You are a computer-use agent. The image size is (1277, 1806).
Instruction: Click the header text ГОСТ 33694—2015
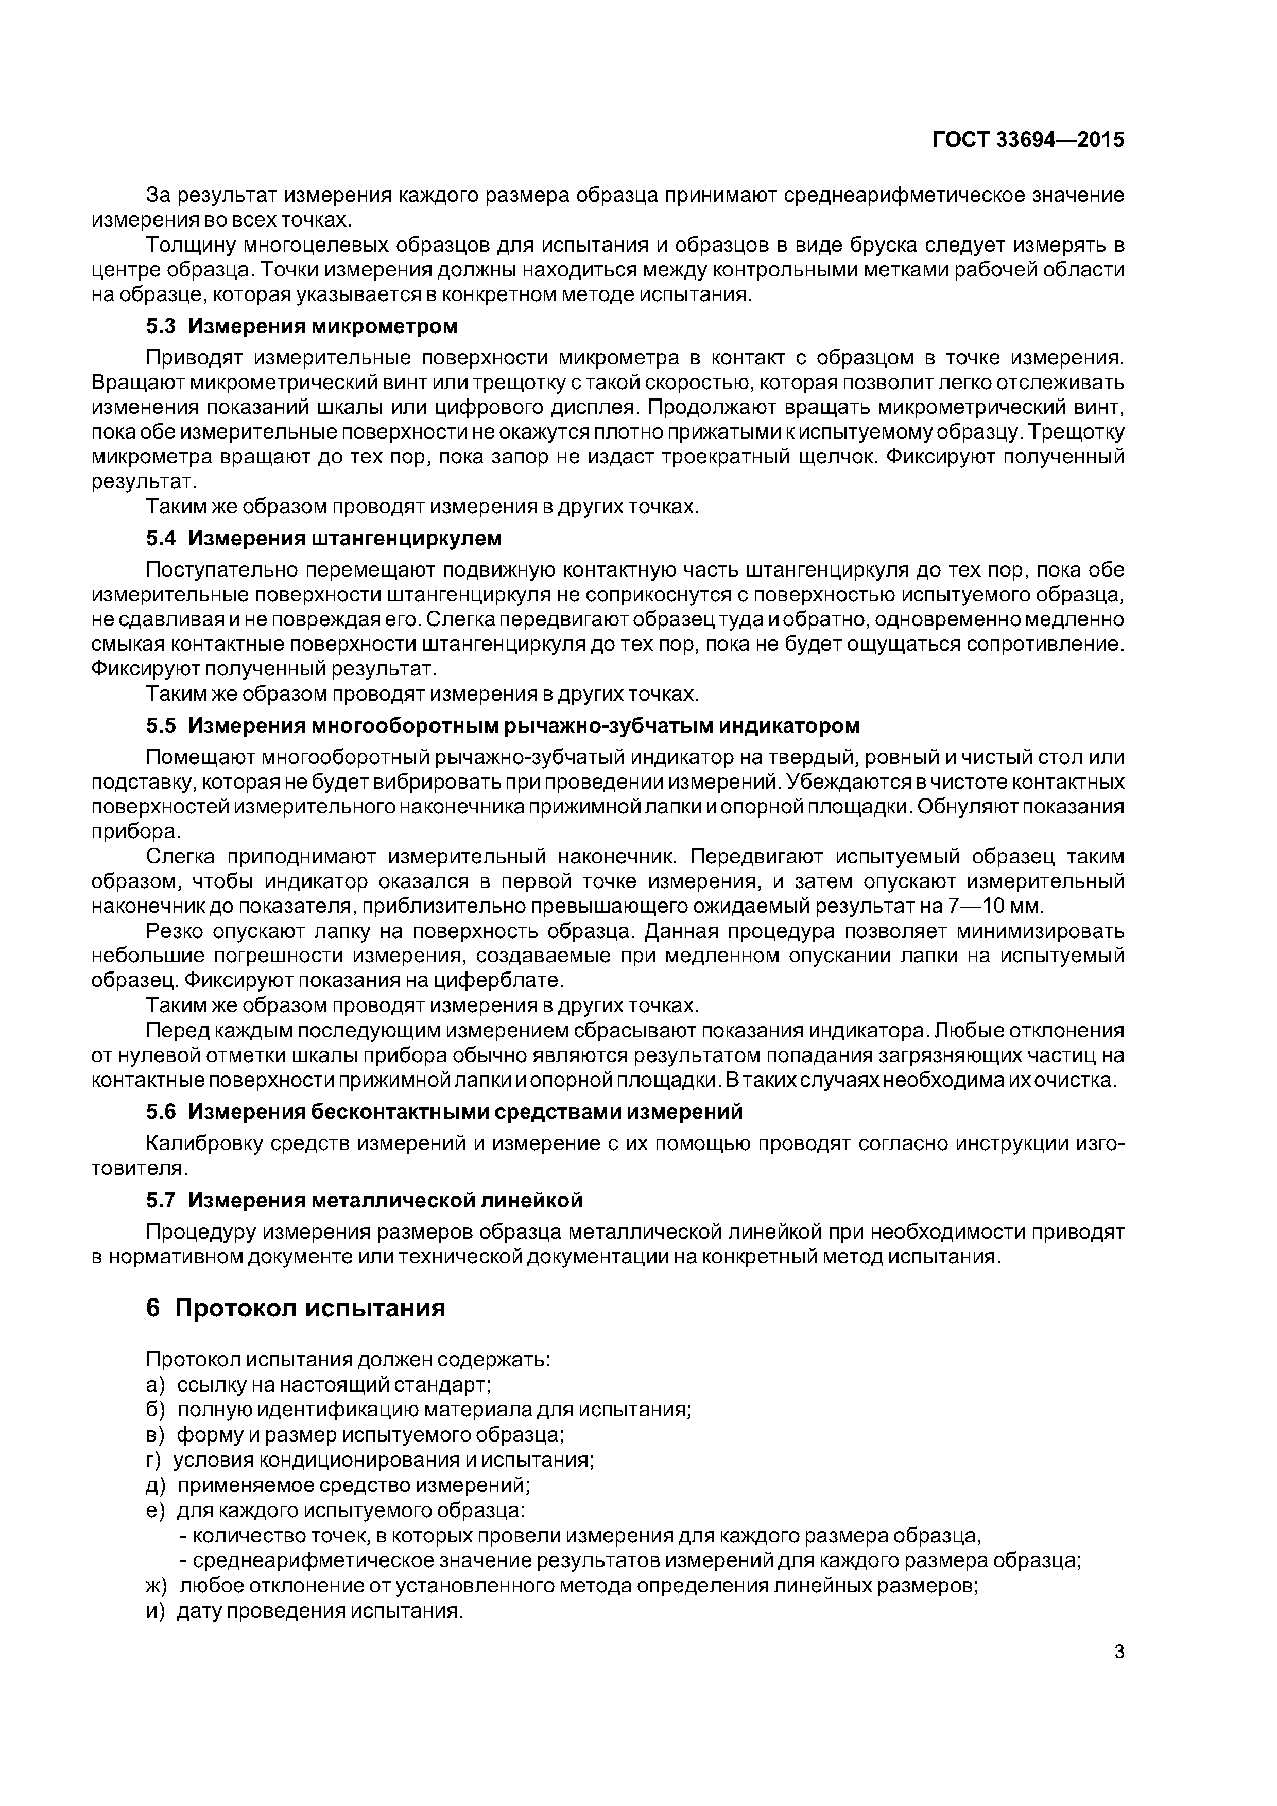[1028, 140]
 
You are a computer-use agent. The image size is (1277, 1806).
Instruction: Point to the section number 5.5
[161, 725]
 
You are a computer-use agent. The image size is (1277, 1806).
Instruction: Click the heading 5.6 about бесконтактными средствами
[444, 1112]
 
